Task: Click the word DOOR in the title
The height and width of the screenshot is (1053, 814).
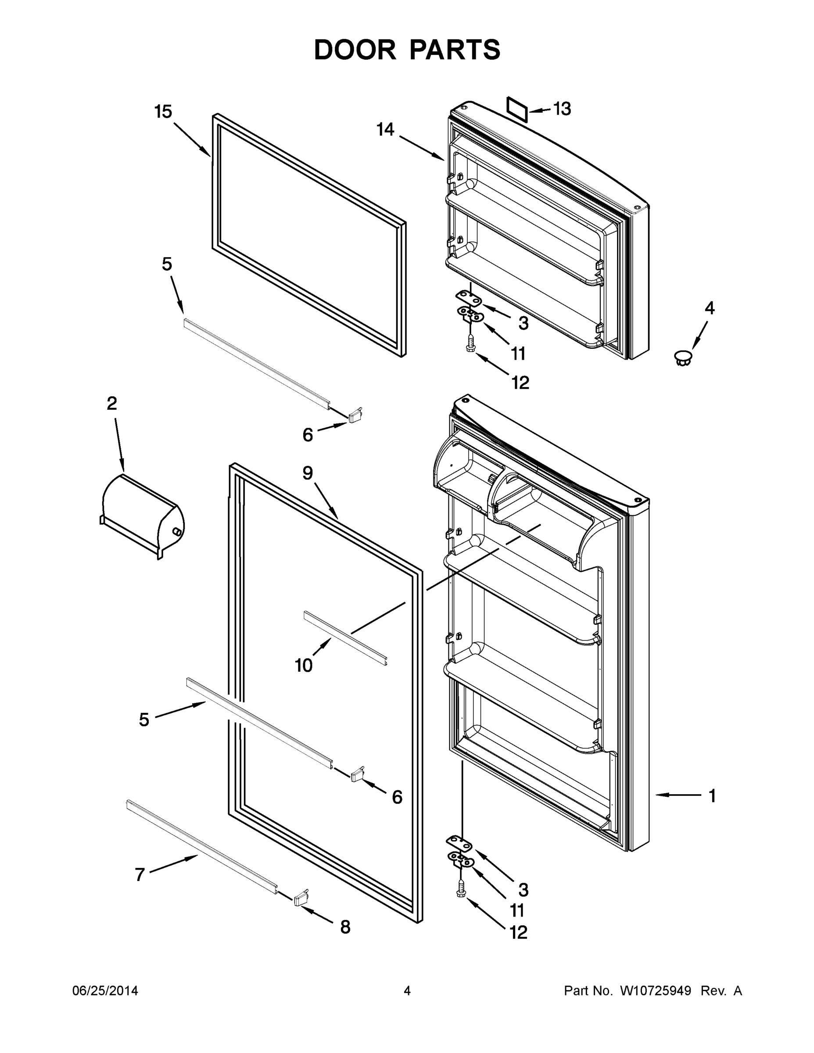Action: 355,50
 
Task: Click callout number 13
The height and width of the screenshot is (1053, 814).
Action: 562,109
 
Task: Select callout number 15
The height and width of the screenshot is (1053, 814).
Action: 163,112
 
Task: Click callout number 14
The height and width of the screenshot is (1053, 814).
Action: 385,130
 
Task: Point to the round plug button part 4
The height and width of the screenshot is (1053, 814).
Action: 682,357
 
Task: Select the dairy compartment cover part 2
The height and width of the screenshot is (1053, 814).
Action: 142,515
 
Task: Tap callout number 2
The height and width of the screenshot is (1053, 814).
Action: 111,403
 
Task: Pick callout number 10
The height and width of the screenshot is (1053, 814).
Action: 304,665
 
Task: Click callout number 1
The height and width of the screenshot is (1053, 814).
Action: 712,795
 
